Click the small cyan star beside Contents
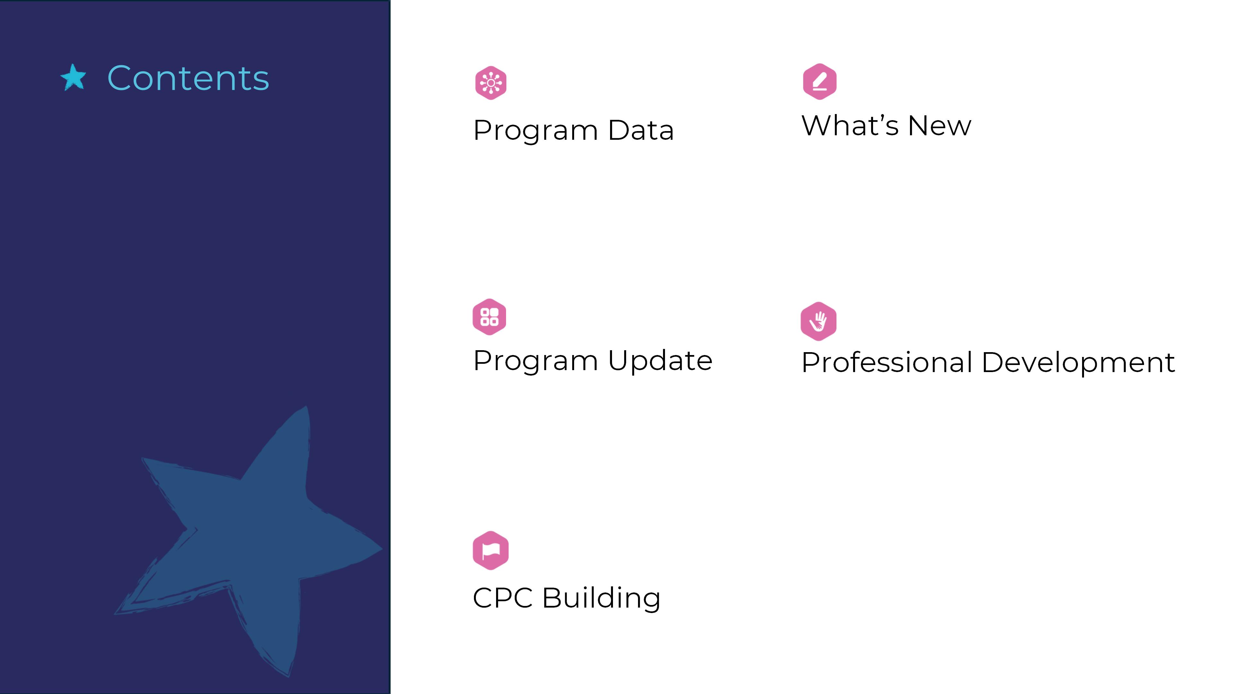73,77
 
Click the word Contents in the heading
188,78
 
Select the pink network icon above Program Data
491,83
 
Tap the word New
940,126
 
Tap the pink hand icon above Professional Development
818,321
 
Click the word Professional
887,362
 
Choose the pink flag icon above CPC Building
491,550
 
